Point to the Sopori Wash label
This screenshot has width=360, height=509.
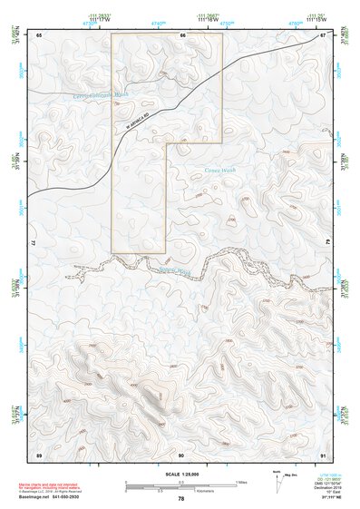[x=174, y=269]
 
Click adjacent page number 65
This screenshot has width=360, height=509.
[x=40, y=35]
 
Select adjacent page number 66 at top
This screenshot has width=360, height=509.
[x=181, y=35]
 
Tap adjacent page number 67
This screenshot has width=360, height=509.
[x=322, y=35]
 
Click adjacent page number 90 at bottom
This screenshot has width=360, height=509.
[x=181, y=454]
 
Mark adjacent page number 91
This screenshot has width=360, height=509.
[x=322, y=454]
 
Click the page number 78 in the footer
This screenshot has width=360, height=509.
[x=180, y=499]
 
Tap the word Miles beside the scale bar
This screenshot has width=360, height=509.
[x=240, y=481]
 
